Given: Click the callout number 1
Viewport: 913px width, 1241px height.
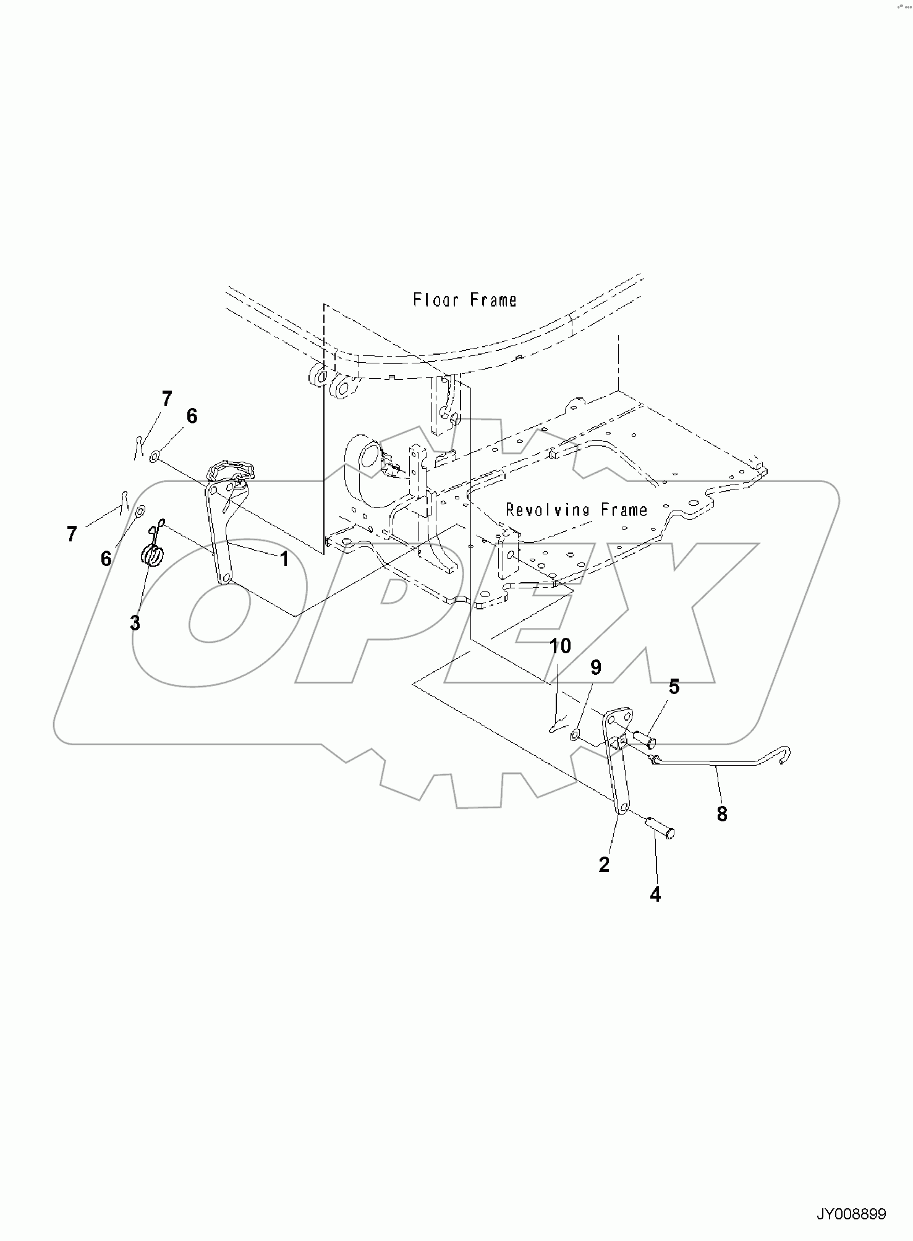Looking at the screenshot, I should [284, 559].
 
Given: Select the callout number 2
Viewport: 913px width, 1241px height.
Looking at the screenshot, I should [604, 865].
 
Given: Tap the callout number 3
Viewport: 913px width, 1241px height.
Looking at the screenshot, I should [135, 623].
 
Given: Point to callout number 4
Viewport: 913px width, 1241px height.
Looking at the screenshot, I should [655, 894].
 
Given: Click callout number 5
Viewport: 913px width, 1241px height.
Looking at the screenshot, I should [674, 687].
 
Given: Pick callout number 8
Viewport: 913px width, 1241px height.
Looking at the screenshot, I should [722, 815].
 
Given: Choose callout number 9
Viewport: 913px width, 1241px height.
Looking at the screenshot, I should [595, 667].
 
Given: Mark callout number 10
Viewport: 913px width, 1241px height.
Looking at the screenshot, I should [560, 646].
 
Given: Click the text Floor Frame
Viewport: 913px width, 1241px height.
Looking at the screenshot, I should [464, 300].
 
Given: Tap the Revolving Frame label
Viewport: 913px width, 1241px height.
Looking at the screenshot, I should [576, 510].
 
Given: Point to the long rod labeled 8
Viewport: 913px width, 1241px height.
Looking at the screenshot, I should [717, 765].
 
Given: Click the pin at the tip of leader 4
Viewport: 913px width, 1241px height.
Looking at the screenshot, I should [660, 827].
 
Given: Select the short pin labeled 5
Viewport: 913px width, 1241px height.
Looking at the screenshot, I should [645, 739].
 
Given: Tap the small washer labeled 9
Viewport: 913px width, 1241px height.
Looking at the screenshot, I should [575, 735].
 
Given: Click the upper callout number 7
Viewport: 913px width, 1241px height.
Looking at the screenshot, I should [166, 399].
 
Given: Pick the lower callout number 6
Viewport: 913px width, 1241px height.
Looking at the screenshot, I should [106, 559].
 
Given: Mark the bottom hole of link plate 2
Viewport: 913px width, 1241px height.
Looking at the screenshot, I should [623, 809].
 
